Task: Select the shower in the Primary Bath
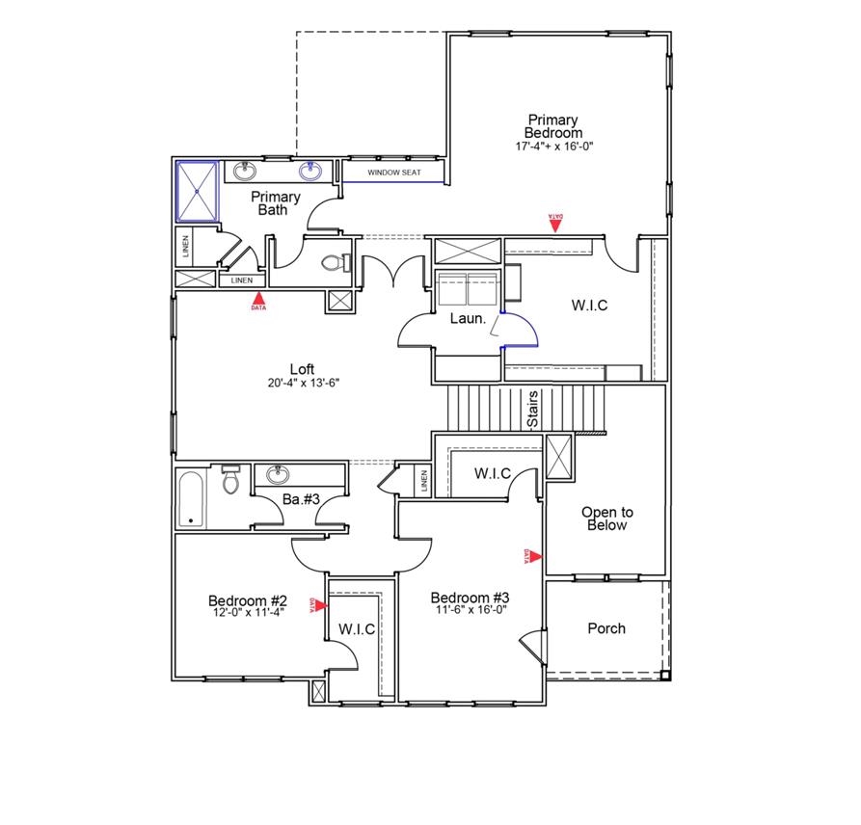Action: click(198, 191)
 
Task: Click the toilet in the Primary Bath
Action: click(330, 262)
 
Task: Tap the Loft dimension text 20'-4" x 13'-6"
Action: click(304, 383)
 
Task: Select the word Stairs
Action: click(532, 409)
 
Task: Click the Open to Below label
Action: click(607, 519)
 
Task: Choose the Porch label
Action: click(606, 628)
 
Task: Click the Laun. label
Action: click(467, 319)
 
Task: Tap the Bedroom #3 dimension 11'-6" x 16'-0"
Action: click(470, 609)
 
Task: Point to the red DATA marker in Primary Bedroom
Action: click(555, 223)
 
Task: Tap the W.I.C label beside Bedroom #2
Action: click(357, 628)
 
